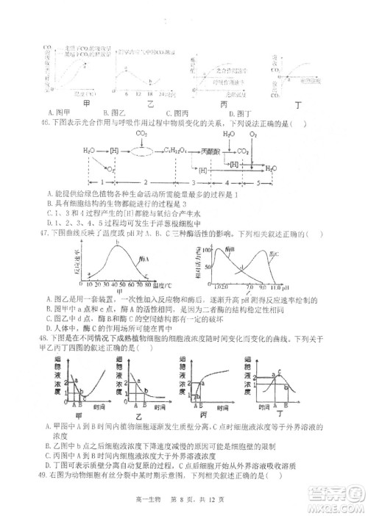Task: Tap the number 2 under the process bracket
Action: [146, 180]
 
